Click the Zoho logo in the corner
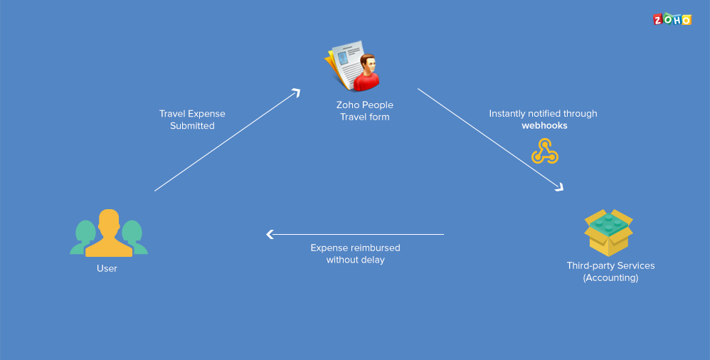(672, 19)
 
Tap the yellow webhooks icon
(544, 151)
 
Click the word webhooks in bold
(544, 125)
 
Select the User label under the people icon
(107, 268)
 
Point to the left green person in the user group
(84, 238)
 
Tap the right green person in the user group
(134, 238)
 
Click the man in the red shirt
(366, 74)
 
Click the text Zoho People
(364, 105)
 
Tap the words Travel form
(364, 117)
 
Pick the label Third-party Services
(610, 265)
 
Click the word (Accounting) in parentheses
(610, 277)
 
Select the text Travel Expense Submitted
(192, 120)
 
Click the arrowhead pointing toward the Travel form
(296, 92)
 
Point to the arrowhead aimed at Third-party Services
(559, 187)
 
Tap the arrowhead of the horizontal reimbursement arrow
(270, 234)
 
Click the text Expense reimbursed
(355, 248)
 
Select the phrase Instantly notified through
(543, 113)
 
